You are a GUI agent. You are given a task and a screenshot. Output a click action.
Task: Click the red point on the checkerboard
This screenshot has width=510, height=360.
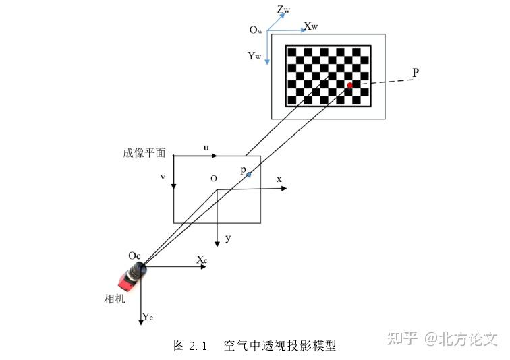tap(349, 86)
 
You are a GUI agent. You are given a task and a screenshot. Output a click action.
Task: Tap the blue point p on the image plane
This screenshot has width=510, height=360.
tap(248, 175)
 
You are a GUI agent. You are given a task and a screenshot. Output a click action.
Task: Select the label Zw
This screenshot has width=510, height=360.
tap(284, 10)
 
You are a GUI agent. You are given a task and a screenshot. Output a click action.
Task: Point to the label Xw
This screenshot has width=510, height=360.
tap(311, 27)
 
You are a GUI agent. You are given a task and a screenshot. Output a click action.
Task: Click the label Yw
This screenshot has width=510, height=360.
tap(254, 56)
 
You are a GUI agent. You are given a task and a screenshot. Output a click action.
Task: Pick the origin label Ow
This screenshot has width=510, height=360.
tap(256, 30)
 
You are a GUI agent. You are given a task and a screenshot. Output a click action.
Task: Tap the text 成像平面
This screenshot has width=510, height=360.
tap(144, 153)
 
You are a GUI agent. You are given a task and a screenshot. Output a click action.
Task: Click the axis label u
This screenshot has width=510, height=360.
tap(206, 147)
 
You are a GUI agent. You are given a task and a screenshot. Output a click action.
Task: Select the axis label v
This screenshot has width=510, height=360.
tap(163, 177)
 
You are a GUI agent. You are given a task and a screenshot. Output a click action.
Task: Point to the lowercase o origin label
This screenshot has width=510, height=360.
tap(213, 179)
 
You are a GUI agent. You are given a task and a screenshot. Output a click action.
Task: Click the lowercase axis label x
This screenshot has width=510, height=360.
tap(279, 179)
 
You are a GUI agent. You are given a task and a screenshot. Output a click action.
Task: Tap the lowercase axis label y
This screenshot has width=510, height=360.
tap(228, 238)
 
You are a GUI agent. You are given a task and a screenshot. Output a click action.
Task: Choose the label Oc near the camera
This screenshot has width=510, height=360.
tap(135, 256)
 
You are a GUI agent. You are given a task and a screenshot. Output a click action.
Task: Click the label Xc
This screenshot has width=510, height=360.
tap(202, 260)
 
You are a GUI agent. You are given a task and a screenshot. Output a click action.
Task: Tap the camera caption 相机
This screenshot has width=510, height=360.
tap(114, 299)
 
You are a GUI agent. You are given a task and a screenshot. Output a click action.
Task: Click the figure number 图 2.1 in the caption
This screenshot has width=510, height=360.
tap(189, 346)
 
